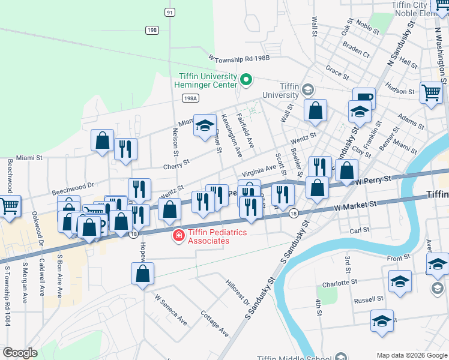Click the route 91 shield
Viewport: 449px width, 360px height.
170,12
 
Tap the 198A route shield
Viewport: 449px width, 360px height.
190,98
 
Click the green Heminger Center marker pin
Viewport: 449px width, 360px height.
245,79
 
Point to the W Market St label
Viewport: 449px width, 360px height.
355,205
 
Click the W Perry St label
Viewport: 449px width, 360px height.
376,179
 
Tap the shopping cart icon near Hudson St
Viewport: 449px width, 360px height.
431,93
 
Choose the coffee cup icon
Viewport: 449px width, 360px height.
364,98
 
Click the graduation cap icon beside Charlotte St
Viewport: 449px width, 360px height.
400,281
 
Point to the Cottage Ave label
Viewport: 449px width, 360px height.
215,323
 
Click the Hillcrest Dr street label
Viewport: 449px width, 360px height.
238,291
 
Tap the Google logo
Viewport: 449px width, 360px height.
20,353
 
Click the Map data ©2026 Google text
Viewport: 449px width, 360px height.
411,355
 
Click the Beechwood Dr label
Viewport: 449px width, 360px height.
73,189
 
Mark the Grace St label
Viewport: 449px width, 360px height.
337,73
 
